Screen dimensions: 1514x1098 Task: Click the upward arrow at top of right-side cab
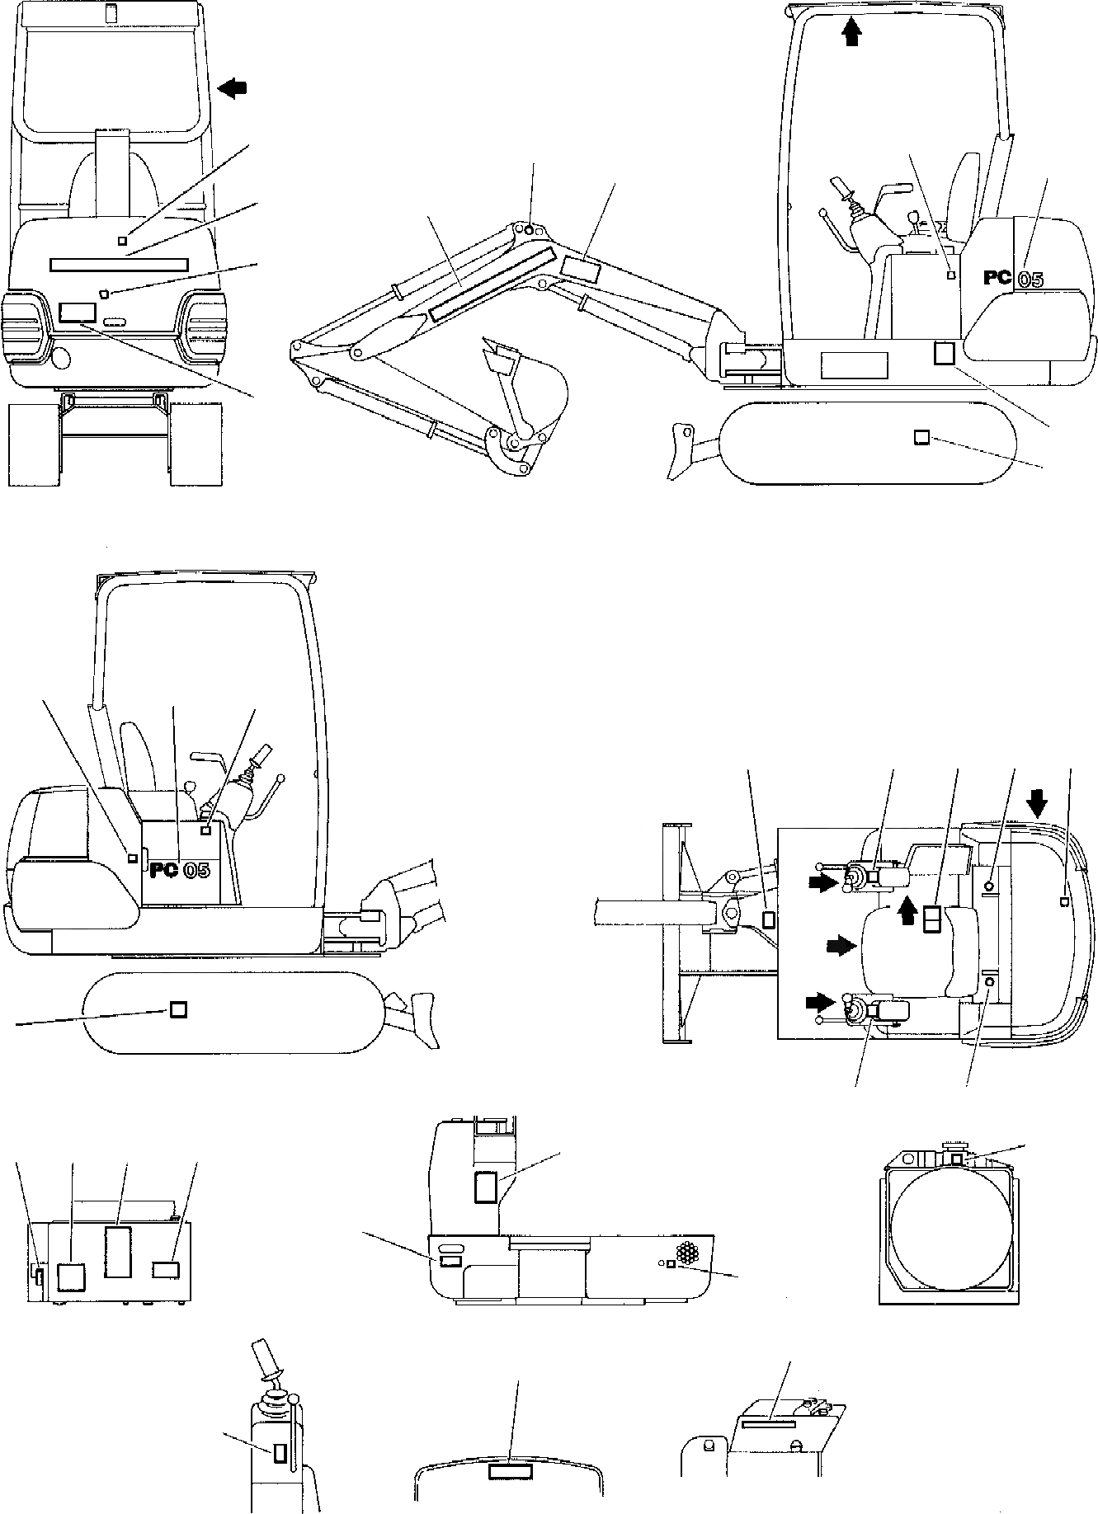(x=852, y=32)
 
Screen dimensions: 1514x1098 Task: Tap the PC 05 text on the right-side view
(x=1012, y=279)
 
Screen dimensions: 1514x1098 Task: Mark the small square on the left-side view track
(x=177, y=1009)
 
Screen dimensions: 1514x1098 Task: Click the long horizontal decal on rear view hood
(x=119, y=264)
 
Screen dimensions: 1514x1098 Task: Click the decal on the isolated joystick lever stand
(x=280, y=1453)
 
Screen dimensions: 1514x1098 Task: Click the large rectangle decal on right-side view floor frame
(x=853, y=364)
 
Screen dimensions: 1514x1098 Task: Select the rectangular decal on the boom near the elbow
(x=582, y=266)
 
